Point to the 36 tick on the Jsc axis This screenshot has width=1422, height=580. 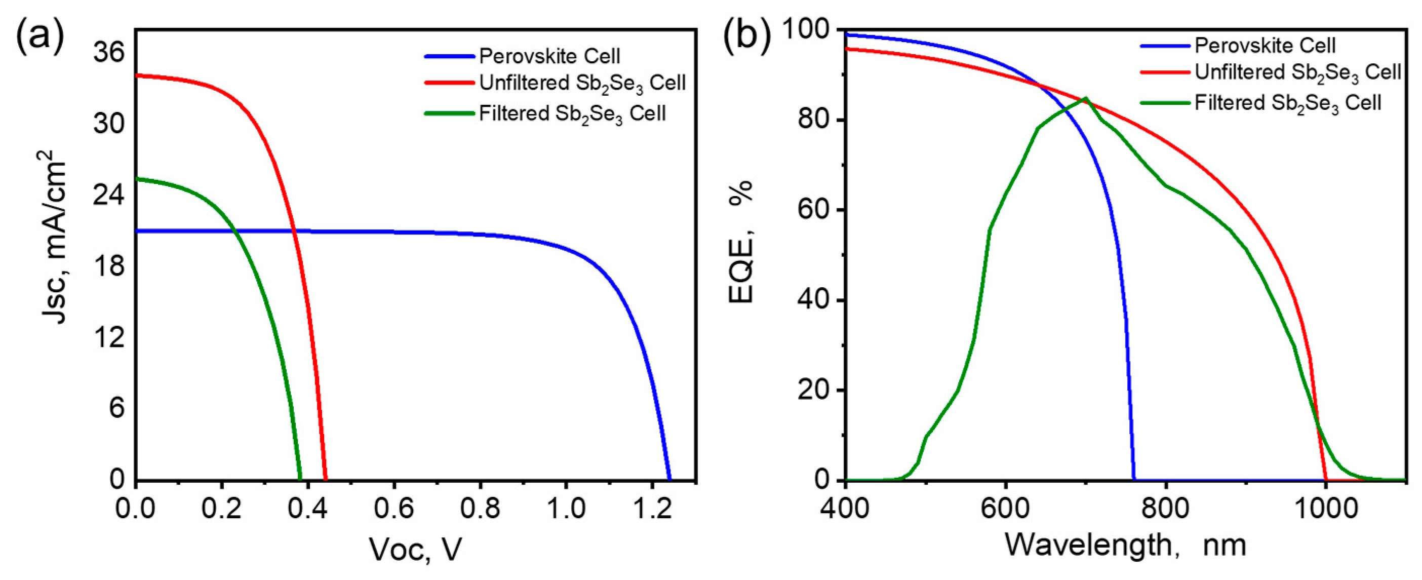(x=109, y=53)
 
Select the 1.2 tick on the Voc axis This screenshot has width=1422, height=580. (x=652, y=508)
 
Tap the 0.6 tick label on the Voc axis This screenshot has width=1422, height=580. (x=393, y=508)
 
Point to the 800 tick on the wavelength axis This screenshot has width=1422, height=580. (x=1165, y=508)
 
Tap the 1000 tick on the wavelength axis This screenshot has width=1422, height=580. (x=1325, y=508)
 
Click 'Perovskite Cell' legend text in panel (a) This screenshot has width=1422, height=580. (x=549, y=56)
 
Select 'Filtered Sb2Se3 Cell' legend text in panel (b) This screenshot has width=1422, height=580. (x=1287, y=103)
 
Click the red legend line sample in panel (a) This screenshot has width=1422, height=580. (x=449, y=83)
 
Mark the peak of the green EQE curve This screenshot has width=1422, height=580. (x=1085, y=98)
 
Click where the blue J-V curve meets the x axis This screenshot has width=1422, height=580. (x=669, y=480)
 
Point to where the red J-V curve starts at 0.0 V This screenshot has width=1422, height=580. (x=136, y=75)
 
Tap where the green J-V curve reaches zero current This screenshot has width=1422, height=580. (x=300, y=480)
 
